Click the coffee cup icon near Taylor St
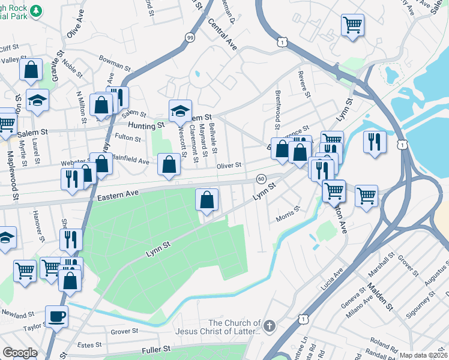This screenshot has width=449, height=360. (57, 316)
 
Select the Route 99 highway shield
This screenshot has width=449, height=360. (189, 37)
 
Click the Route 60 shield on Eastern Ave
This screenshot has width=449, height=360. (261, 179)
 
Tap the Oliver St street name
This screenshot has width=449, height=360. (229, 165)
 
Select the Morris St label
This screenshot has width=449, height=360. (288, 213)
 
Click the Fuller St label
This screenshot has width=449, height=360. (157, 349)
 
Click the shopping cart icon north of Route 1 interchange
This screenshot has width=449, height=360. (352, 25)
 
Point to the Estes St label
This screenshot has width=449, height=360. (90, 344)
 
